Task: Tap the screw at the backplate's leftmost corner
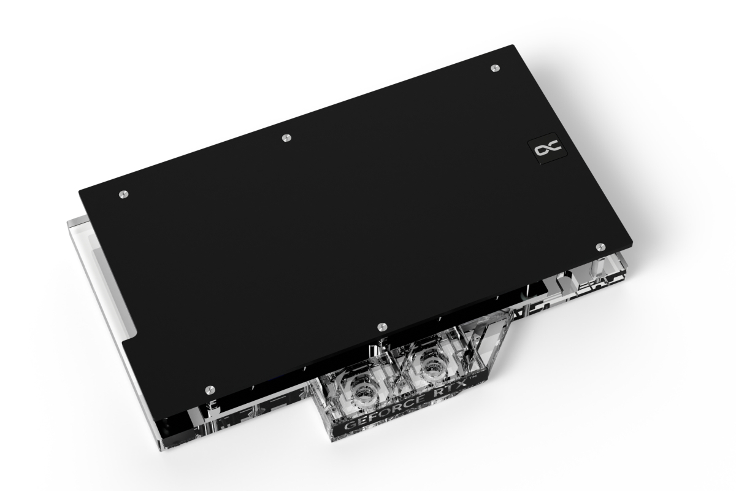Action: (x=123, y=194)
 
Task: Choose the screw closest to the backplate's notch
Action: (x=210, y=389)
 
